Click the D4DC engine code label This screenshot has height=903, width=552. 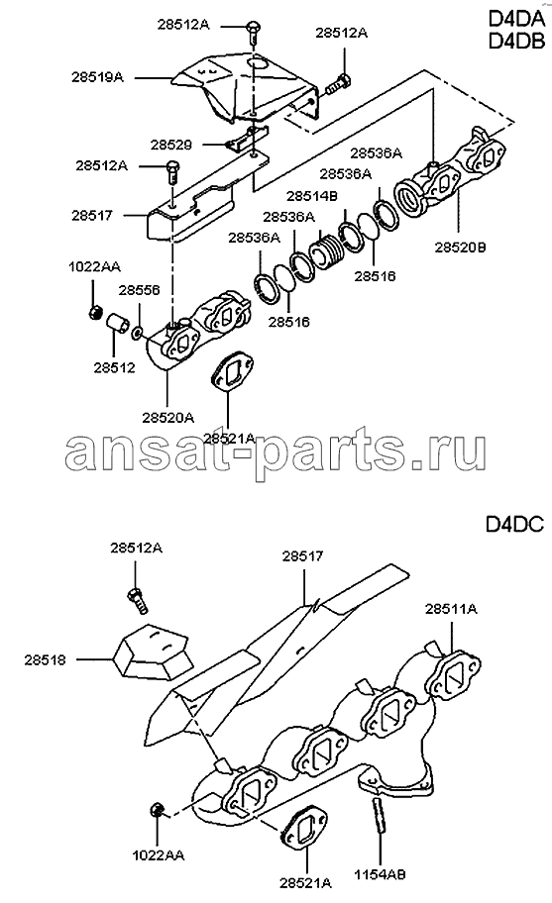(514, 525)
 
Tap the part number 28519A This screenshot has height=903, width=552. (97, 76)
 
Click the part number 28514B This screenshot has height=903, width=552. (312, 196)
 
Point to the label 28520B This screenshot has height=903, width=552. (460, 248)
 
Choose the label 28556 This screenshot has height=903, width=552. (140, 290)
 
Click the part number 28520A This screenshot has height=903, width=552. (167, 418)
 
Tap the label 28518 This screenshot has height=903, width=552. (45, 660)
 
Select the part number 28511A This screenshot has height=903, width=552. (451, 609)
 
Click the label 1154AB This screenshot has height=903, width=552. (380, 874)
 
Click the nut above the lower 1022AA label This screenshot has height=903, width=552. (157, 811)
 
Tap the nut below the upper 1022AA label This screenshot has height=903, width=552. (95, 313)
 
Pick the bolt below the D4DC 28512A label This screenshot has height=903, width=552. (137, 600)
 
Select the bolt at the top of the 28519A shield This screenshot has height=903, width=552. (253, 30)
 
